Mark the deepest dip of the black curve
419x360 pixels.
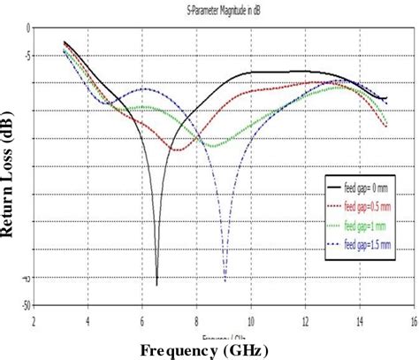coord(156,285)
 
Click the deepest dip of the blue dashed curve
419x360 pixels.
coord(225,281)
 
